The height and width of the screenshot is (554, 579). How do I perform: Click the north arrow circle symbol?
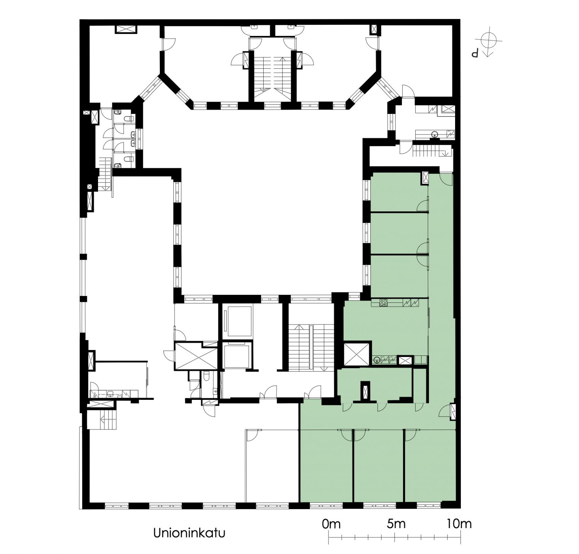pyautogui.click(x=489, y=40)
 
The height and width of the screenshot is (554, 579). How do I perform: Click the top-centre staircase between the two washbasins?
pyautogui.click(x=274, y=73)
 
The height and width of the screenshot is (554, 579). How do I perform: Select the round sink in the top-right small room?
pyautogui.click(x=435, y=135)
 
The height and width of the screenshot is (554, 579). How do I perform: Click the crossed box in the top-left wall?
pyautogui.click(x=126, y=29)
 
